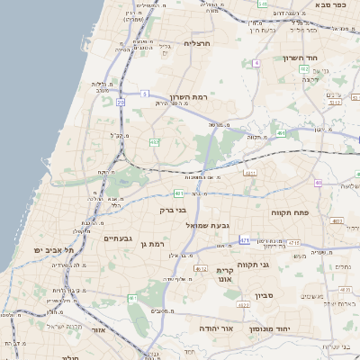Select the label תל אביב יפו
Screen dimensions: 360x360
(52, 249)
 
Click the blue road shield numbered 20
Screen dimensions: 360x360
(121, 103)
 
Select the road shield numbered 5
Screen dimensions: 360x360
(144, 94)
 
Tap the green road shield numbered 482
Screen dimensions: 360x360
(155, 141)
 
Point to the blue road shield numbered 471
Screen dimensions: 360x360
(246, 240)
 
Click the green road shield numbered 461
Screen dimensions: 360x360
(179, 193)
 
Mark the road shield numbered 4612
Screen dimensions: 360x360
(201, 268)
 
